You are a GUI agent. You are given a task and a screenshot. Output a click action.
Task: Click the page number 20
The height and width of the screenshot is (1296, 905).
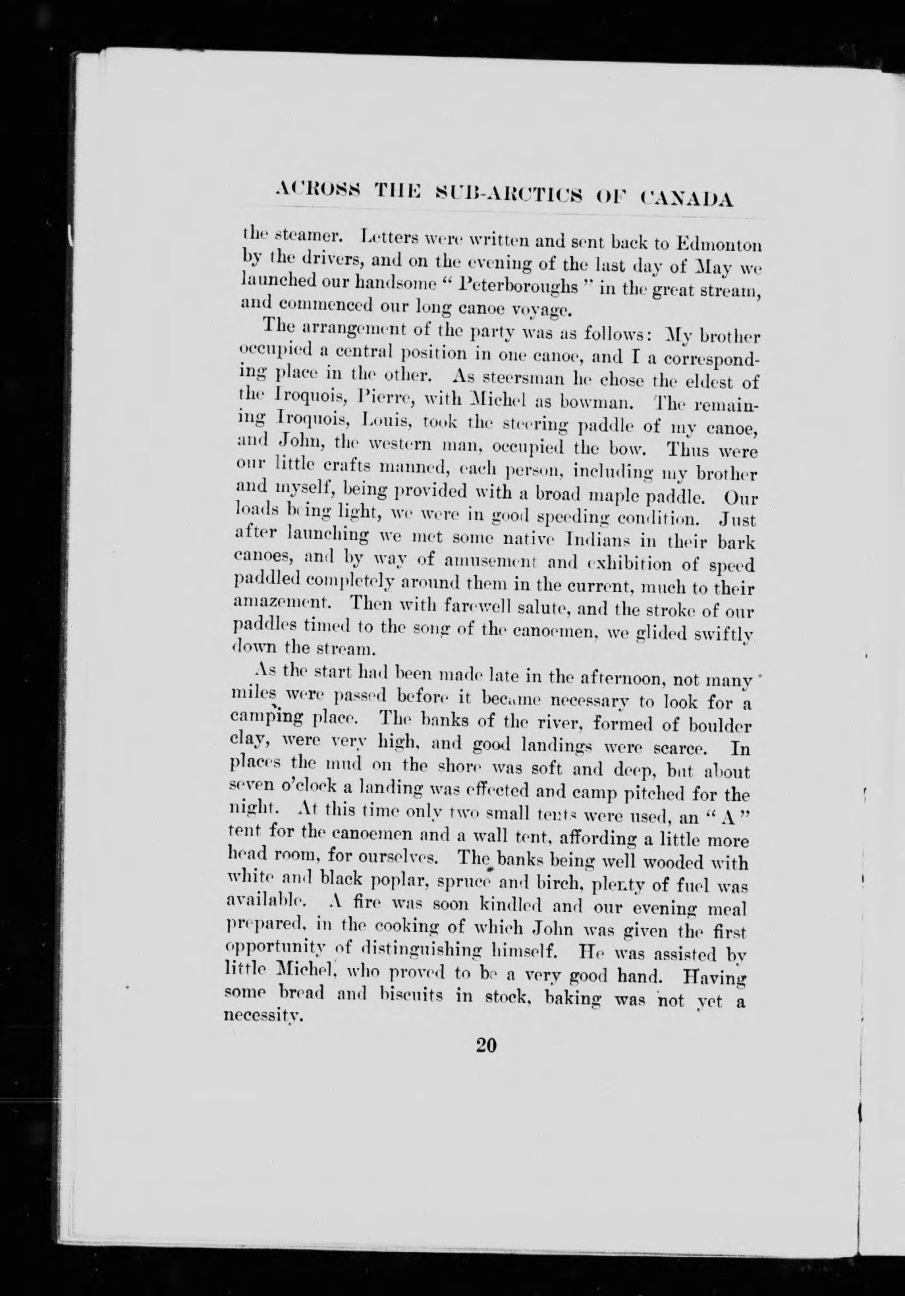(489, 1045)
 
